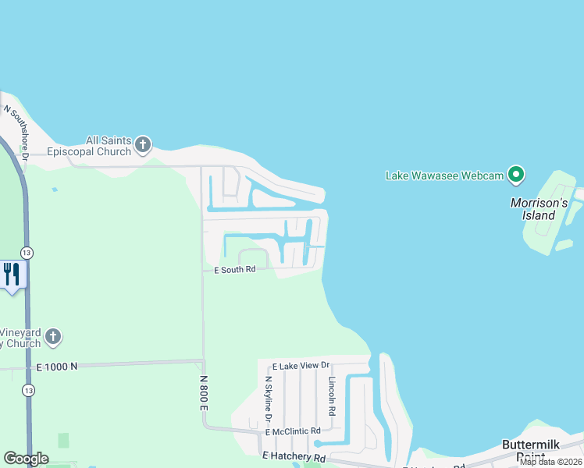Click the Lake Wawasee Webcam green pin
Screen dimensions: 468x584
516,175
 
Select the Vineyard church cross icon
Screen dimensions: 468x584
52,337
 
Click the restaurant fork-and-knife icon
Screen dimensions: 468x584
12,274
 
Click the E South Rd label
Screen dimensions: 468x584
235,270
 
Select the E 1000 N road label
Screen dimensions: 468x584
57,366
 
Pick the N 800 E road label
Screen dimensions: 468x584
203,392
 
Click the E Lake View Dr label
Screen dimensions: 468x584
301,366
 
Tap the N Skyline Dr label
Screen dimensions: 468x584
268,399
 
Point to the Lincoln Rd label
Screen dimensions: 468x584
332,396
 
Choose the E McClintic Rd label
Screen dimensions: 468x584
293,431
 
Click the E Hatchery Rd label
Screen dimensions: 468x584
294,456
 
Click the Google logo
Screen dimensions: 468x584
26,459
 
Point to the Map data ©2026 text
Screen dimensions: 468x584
551,462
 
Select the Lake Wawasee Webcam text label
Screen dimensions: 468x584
444,175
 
